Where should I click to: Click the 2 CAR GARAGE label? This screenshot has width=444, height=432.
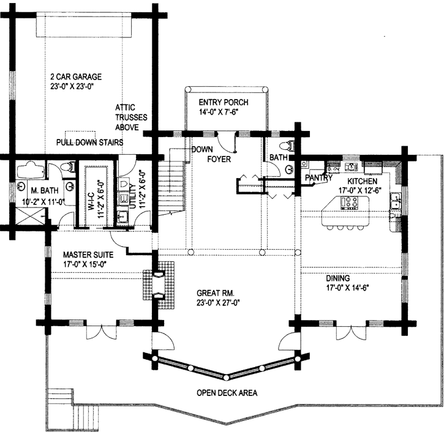76,76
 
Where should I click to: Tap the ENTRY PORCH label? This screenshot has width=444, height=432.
224,102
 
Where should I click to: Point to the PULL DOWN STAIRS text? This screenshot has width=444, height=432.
90,142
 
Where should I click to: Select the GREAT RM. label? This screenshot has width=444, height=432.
216,293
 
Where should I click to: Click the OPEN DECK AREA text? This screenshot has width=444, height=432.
227,393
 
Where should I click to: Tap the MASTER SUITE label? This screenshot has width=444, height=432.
88,255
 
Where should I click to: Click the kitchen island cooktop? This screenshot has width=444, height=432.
350,203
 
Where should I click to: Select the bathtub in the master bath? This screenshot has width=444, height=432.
31,170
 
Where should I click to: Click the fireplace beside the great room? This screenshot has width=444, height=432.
159,285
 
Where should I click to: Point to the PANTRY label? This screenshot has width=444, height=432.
318,178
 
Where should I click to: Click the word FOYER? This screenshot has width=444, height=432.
219,159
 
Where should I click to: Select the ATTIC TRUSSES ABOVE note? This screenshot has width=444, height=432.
131,117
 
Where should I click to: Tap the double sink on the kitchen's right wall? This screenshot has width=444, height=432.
396,200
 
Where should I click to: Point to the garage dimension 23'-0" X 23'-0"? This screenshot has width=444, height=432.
72,86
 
